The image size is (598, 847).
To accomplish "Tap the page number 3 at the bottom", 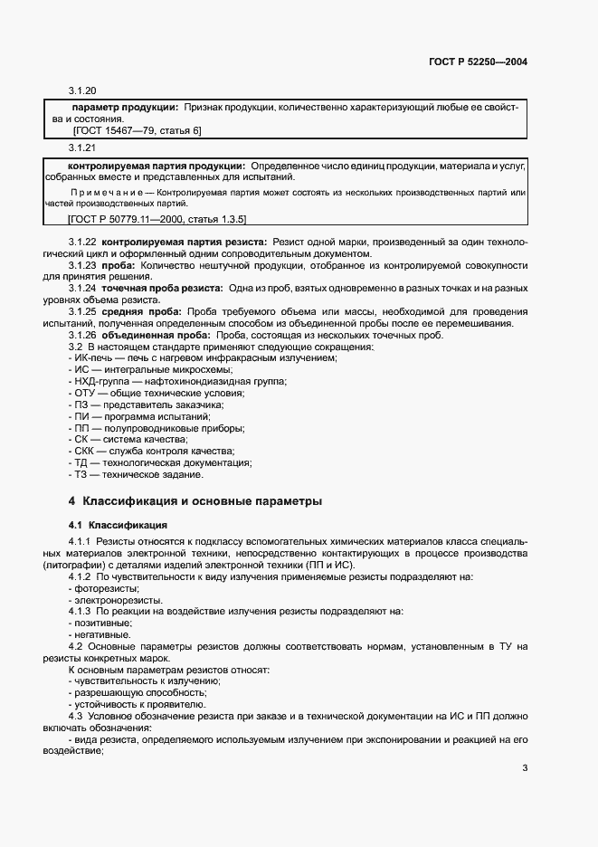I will tap(525, 770).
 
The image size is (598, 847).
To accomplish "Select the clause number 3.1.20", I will tap(82, 91).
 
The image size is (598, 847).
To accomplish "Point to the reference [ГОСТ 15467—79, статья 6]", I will tap(137, 130).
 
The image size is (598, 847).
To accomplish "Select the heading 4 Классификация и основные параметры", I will tap(195, 500).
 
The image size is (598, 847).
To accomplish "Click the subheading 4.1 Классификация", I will tap(118, 524).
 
